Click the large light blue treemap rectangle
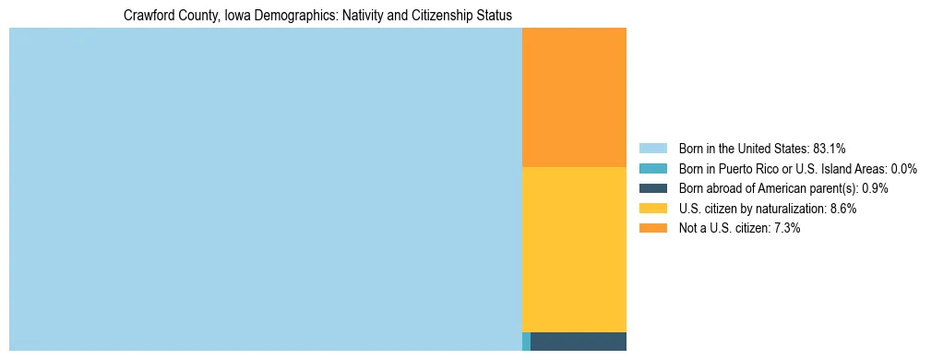[266, 189]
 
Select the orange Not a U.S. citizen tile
[574, 97]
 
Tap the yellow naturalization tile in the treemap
[574, 249]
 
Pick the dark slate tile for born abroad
[579, 341]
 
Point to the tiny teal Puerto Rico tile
[526, 341]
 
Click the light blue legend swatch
[653, 149]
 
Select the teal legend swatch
[653, 169]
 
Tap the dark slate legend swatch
[653, 188]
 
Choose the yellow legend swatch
[653, 209]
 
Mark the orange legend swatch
[653, 229]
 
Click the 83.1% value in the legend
[830, 149]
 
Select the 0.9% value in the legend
[876, 188]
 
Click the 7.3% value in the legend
[786, 229]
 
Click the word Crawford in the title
[147, 16]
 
